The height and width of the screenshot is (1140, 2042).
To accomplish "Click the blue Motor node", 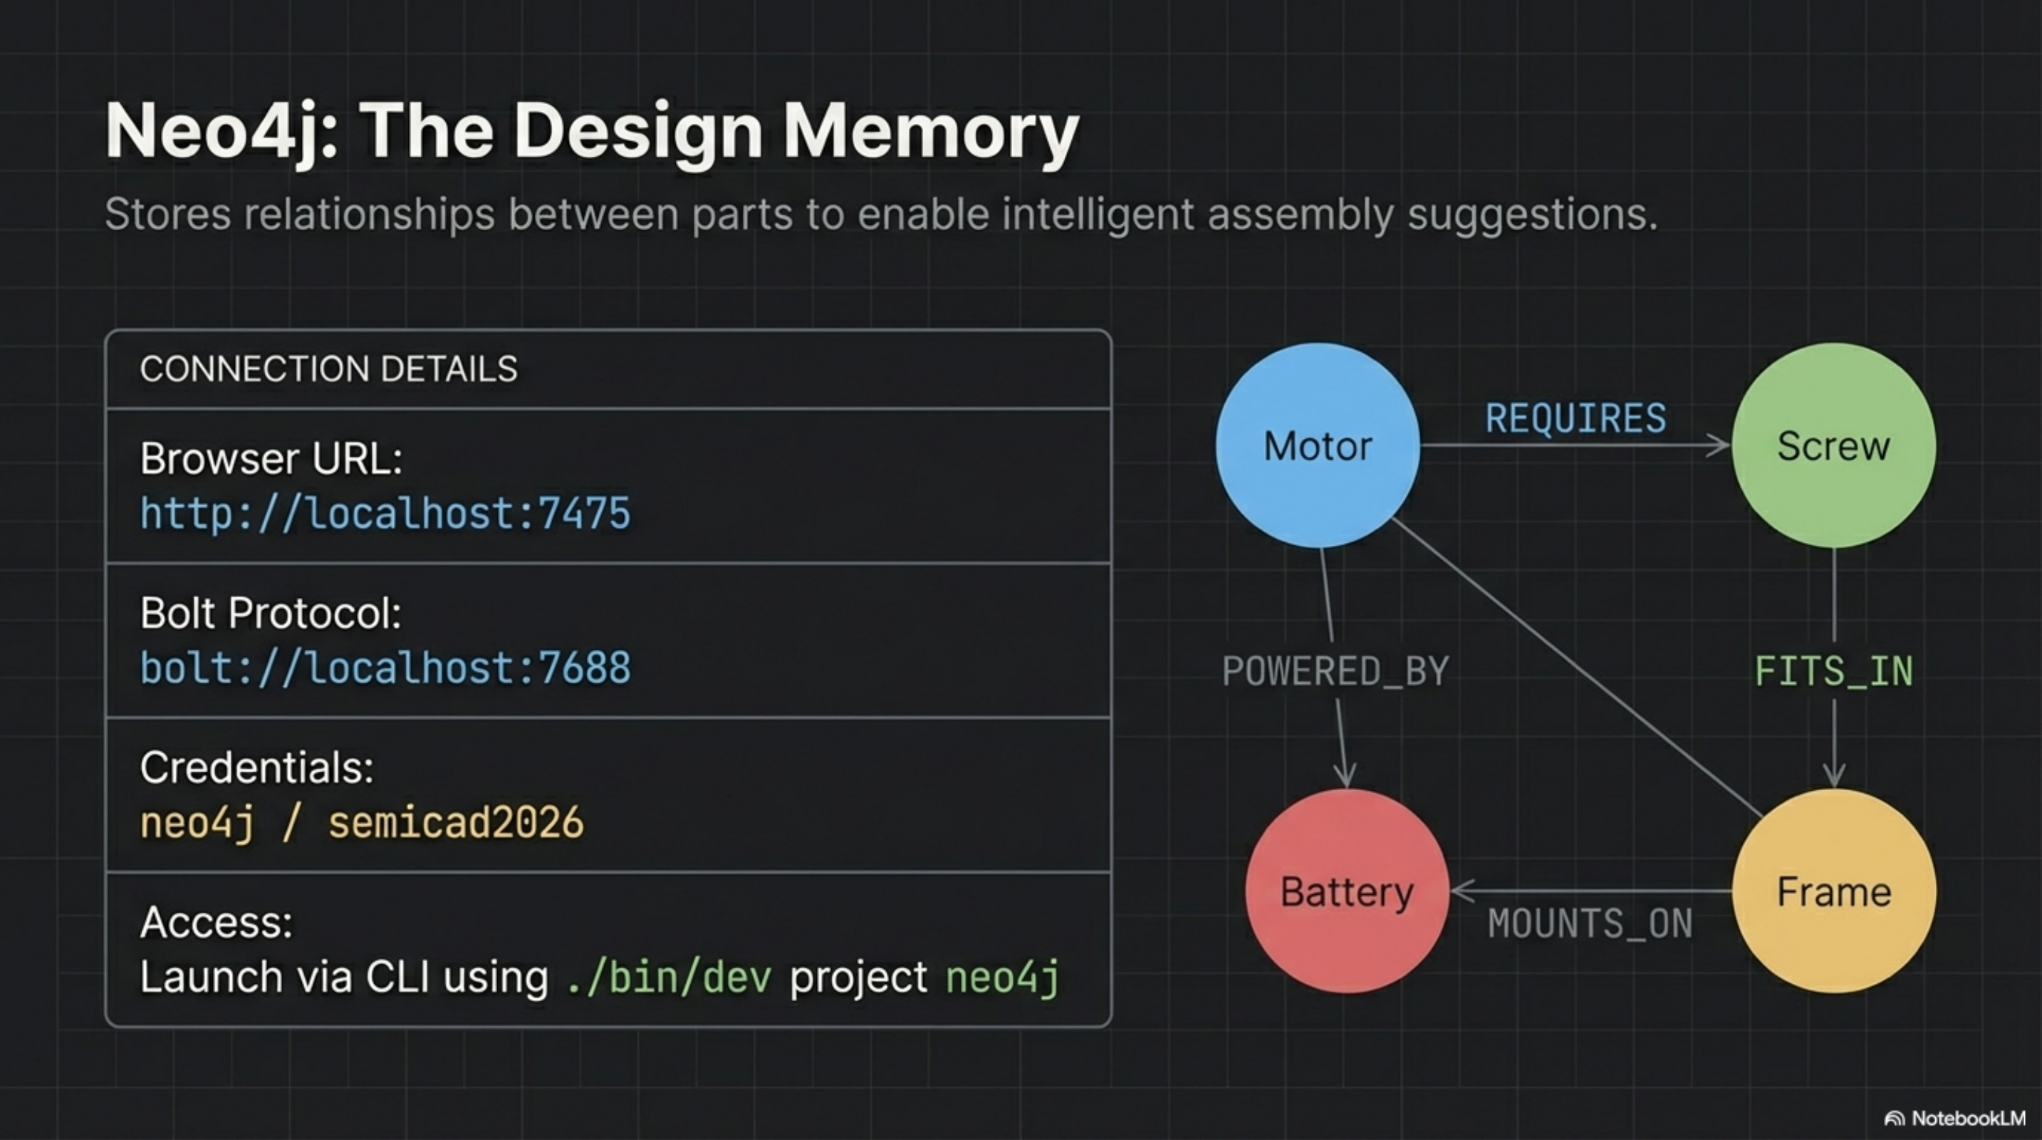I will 1318,445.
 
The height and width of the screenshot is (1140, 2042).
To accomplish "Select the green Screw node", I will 1833,445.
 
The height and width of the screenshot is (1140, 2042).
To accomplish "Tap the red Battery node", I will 1347,891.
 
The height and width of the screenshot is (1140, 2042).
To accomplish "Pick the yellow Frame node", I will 1833,891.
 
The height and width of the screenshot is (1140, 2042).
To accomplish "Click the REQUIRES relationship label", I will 1575,418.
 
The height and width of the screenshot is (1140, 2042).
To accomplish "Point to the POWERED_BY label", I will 1335,671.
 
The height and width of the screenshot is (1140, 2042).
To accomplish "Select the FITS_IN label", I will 1833,671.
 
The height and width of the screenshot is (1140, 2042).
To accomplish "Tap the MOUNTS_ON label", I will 1590,923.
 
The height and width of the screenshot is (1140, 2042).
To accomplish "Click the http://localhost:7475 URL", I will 385,513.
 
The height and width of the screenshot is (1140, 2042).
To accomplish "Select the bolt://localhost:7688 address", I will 385,668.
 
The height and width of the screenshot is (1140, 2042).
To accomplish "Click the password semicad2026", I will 456,822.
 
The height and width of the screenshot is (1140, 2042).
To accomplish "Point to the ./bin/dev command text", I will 669,977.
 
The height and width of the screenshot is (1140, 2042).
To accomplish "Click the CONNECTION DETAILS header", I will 328,368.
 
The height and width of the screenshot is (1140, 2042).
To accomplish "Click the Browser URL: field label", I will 271,458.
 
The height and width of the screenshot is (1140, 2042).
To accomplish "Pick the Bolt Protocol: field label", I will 271,613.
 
